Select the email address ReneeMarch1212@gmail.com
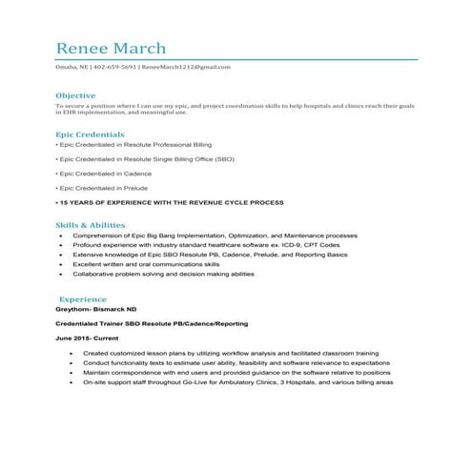tap(188, 68)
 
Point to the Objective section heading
tap(75, 96)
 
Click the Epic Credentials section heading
tap(90, 134)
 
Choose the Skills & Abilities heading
tap(90, 223)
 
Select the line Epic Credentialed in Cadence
tap(104, 174)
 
